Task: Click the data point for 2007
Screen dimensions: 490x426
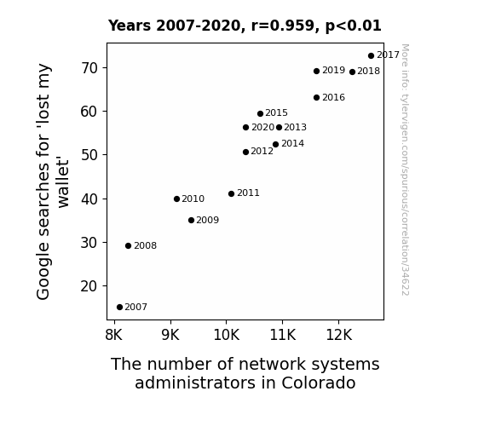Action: (119, 308)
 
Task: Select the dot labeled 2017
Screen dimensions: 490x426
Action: (371, 56)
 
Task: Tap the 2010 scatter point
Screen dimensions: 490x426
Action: (176, 199)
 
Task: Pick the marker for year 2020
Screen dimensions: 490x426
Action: (245, 128)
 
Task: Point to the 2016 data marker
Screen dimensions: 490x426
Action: (316, 98)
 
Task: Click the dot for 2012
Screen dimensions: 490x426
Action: (245, 153)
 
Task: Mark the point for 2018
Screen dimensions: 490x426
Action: (352, 72)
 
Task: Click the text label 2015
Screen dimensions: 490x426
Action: (276, 112)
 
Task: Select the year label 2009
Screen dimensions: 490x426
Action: (207, 221)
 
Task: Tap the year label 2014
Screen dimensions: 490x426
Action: (292, 144)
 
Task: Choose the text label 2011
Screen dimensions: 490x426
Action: (248, 193)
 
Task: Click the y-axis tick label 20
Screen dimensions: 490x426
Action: (89, 286)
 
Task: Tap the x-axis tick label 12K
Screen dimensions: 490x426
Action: (339, 335)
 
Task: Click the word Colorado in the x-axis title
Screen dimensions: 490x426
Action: (319, 383)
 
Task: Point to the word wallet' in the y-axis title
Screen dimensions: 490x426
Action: (62, 184)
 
